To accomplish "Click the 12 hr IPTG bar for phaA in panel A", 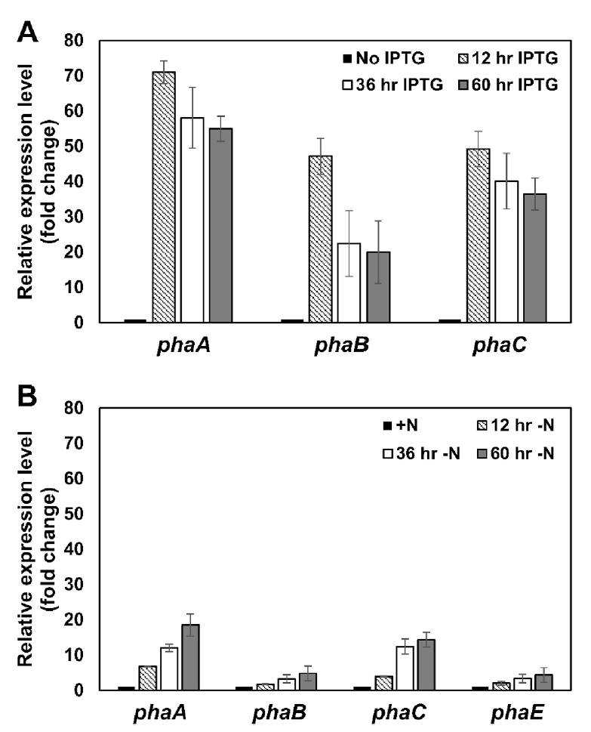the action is point(165,196).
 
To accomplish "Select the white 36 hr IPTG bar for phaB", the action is point(349,283).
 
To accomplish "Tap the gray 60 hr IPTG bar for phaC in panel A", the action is point(535,258).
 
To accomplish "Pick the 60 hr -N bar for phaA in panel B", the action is point(190,657).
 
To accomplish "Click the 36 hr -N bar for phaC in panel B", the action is point(405,668).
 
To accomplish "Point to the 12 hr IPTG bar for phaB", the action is point(321,239).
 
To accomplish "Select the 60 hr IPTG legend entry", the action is point(508,85).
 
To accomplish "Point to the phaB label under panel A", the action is point(342,345).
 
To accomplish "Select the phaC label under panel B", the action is point(399,713).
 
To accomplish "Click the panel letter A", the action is point(27,32).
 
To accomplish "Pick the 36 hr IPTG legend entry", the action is point(392,85).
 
